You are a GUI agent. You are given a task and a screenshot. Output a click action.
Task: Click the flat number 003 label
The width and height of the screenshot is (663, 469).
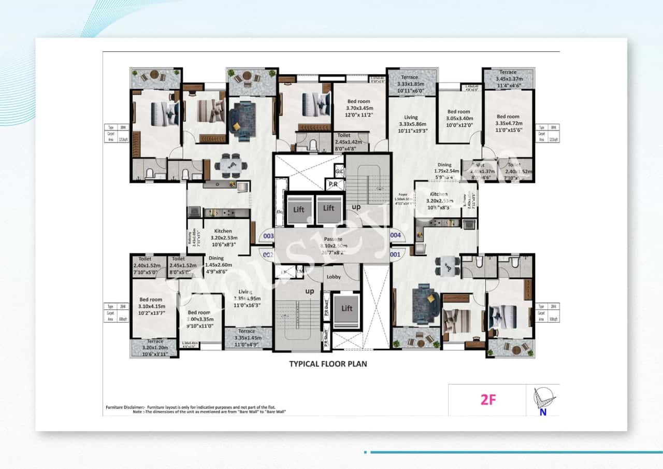268,236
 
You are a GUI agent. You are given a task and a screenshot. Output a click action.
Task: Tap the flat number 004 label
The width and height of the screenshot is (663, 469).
395,235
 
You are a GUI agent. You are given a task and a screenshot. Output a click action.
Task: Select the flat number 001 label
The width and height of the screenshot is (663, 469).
395,254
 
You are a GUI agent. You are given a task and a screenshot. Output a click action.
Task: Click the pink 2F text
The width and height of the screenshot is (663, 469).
488,400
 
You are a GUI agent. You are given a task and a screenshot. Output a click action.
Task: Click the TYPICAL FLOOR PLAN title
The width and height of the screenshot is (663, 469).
328,364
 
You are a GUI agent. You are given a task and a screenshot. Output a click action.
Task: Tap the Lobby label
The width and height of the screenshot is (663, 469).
334,277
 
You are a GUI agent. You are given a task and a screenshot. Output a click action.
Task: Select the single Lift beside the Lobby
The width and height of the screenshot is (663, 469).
347,308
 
